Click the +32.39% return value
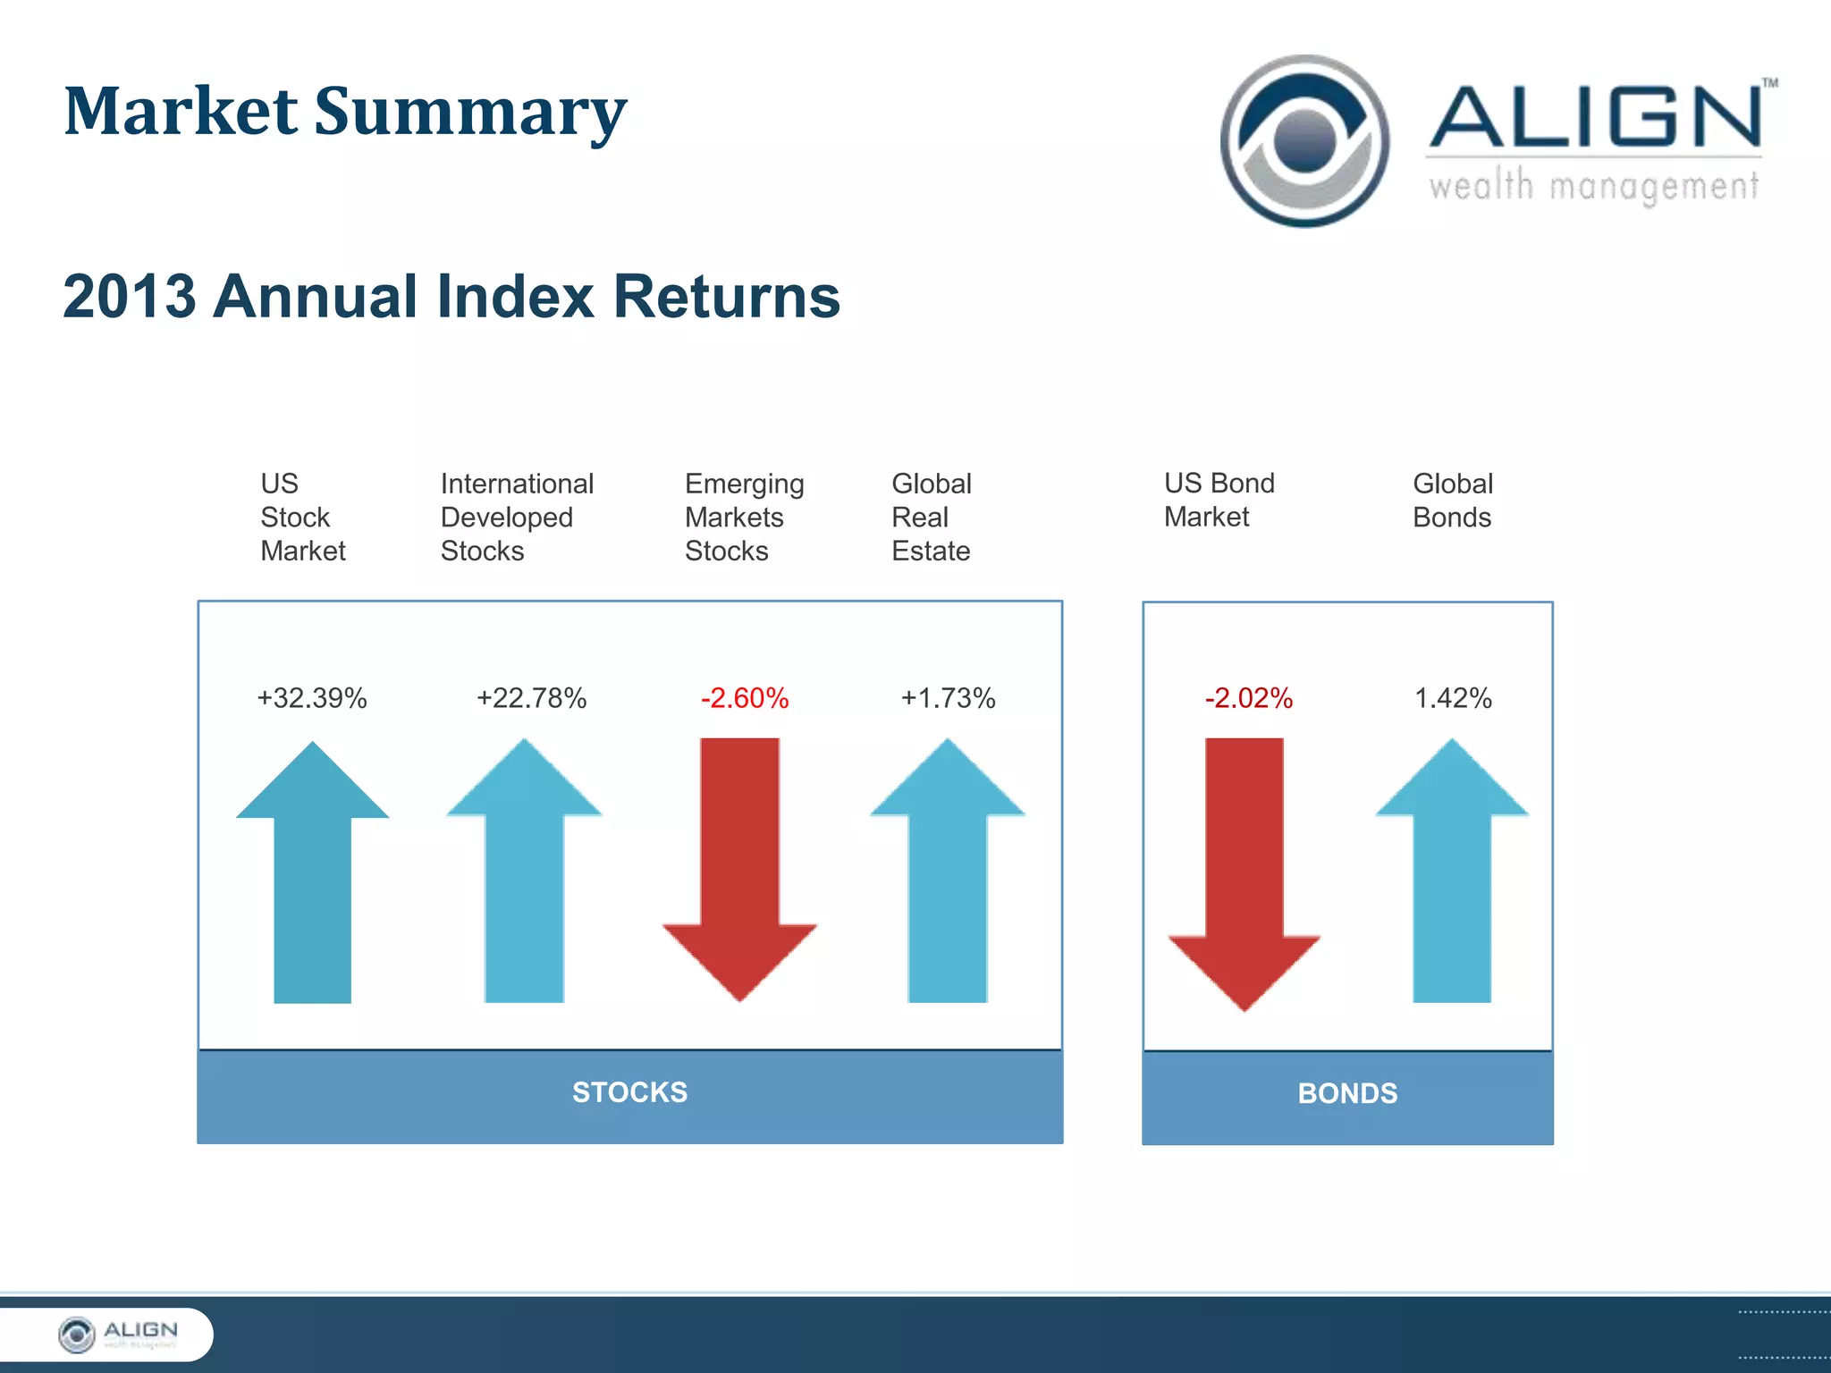[x=311, y=698]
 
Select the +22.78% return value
[x=531, y=698]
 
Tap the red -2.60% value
[x=745, y=698]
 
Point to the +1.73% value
[x=948, y=698]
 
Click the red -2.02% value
[x=1248, y=698]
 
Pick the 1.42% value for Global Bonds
[x=1453, y=698]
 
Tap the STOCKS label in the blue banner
[x=629, y=1092]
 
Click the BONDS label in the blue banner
[x=1347, y=1093]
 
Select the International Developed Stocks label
[x=517, y=518]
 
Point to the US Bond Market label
[x=1219, y=500]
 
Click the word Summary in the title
[x=470, y=113]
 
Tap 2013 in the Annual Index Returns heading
[x=130, y=297]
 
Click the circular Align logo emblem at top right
[x=1304, y=141]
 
